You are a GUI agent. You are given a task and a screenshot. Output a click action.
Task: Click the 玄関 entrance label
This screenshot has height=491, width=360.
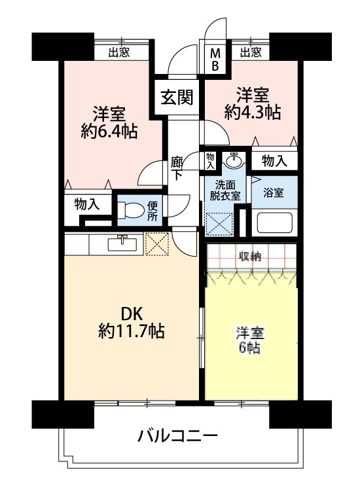177,98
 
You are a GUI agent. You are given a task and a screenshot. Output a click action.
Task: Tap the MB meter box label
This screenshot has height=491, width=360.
215,60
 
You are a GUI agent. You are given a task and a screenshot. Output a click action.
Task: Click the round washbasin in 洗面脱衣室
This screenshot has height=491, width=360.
233,161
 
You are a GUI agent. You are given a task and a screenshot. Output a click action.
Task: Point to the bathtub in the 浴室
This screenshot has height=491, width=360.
274,223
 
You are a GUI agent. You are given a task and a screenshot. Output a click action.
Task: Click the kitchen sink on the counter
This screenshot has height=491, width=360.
122,244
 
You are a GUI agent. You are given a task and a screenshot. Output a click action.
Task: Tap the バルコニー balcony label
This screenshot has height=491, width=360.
177,435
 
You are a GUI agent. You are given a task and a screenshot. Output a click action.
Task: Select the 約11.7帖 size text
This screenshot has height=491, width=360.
132,331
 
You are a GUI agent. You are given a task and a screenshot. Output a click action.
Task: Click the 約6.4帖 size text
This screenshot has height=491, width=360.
109,132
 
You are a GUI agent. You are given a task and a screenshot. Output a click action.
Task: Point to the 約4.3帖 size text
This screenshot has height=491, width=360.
252,113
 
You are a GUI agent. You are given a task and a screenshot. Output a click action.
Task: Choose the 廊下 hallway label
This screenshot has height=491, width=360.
177,169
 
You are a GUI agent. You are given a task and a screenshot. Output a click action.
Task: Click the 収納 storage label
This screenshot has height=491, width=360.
250,257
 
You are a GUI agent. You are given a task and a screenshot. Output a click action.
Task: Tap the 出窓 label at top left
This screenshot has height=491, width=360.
119,52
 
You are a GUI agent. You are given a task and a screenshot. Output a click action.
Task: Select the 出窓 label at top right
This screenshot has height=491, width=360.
251,52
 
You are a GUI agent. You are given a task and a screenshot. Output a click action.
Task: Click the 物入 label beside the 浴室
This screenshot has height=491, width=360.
274,161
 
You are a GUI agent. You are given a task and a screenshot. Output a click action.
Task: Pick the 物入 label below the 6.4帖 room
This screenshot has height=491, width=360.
87,204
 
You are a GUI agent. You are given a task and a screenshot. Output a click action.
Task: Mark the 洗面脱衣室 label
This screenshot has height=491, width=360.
225,191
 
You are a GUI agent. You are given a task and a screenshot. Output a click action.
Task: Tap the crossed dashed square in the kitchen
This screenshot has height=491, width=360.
157,244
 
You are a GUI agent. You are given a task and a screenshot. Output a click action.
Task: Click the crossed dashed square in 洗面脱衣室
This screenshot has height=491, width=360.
219,224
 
